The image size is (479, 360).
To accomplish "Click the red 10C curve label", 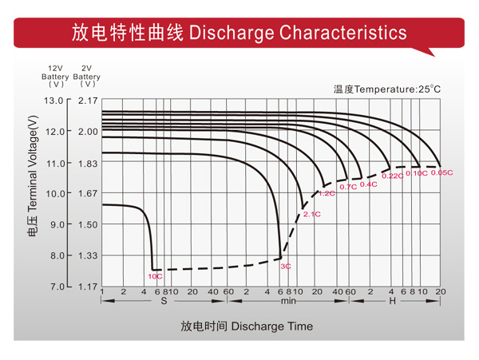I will [155, 276].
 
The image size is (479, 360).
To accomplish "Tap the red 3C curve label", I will [285, 265].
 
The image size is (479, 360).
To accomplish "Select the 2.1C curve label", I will [311, 214].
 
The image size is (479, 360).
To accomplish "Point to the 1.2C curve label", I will [327, 193].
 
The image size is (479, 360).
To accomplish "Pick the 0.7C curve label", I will [348, 187].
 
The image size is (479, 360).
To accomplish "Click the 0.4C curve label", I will [368, 184].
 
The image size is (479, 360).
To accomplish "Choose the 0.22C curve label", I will [393, 176].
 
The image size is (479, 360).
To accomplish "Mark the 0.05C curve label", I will [441, 172].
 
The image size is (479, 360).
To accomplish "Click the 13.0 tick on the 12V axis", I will [53, 101].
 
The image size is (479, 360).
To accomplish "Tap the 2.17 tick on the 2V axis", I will [88, 101].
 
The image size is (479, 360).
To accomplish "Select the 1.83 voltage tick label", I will [88, 163].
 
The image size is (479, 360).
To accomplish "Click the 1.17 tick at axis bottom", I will [88, 286].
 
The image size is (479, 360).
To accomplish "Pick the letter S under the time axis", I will [164, 301].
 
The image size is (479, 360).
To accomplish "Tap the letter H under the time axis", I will [392, 301].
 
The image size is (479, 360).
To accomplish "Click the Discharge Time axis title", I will [247, 326].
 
